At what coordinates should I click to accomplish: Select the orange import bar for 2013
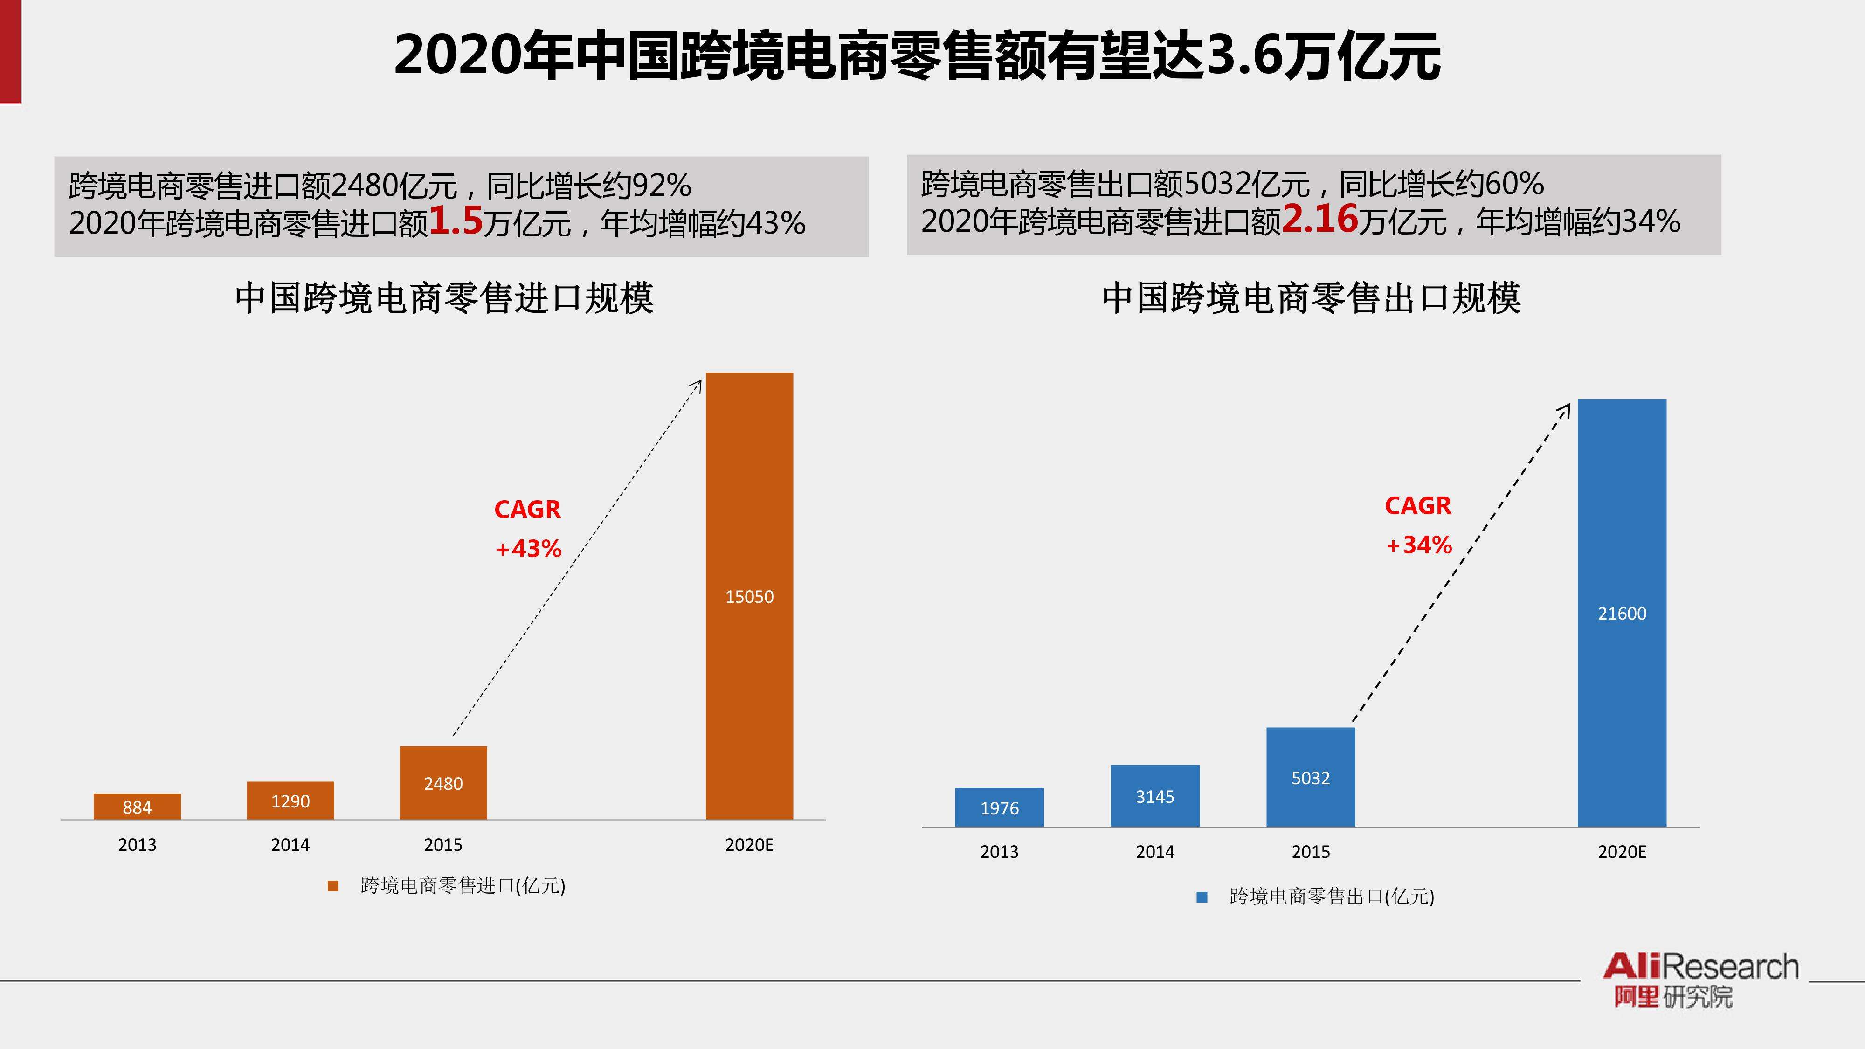(137, 807)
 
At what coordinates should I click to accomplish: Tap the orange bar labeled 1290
(290, 801)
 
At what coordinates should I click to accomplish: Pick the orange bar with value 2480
(443, 783)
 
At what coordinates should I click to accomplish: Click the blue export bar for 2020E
(1622, 613)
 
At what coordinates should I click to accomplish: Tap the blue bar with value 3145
(1155, 796)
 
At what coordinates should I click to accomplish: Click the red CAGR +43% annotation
(528, 529)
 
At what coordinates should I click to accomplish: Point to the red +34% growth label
(1418, 545)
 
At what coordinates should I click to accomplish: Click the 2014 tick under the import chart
(290, 845)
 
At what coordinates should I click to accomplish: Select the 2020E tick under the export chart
(1622, 852)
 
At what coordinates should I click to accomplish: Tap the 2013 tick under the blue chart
(999, 852)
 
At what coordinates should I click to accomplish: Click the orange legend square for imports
(333, 886)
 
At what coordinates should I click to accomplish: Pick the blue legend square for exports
(1202, 897)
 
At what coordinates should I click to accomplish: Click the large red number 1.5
(456, 220)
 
